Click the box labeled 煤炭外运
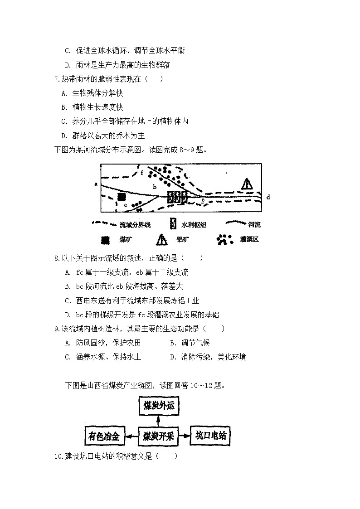(159, 406)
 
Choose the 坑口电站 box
(210, 436)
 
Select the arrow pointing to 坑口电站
(184, 436)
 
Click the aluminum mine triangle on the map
(247, 184)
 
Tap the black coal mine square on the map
(121, 197)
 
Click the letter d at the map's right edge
(268, 197)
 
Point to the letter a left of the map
(96, 184)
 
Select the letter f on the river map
(142, 173)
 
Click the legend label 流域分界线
(135, 225)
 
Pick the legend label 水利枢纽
(197, 225)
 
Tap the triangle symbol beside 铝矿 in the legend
(162, 240)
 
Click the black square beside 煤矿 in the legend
(105, 240)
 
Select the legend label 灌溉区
(249, 240)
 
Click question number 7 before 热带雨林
(57, 79)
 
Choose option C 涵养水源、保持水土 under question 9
(103, 357)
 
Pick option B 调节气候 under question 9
(190, 343)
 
